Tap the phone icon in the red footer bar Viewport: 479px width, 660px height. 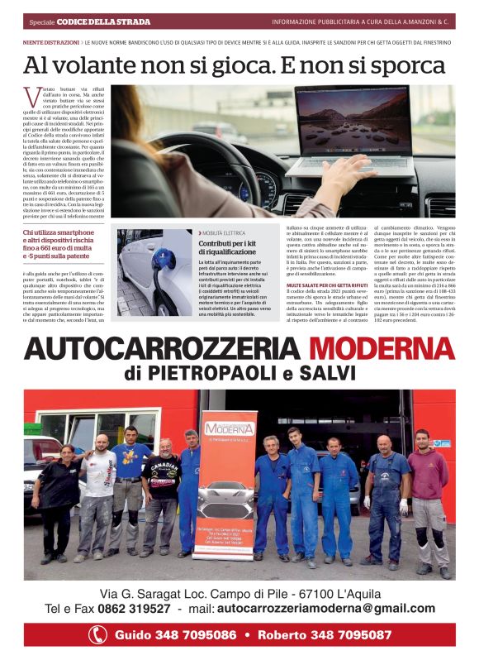point(98,635)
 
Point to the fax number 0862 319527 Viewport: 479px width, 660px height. point(135,609)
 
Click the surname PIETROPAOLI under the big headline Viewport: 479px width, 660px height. point(206,373)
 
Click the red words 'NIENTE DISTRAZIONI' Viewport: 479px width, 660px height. point(50,41)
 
